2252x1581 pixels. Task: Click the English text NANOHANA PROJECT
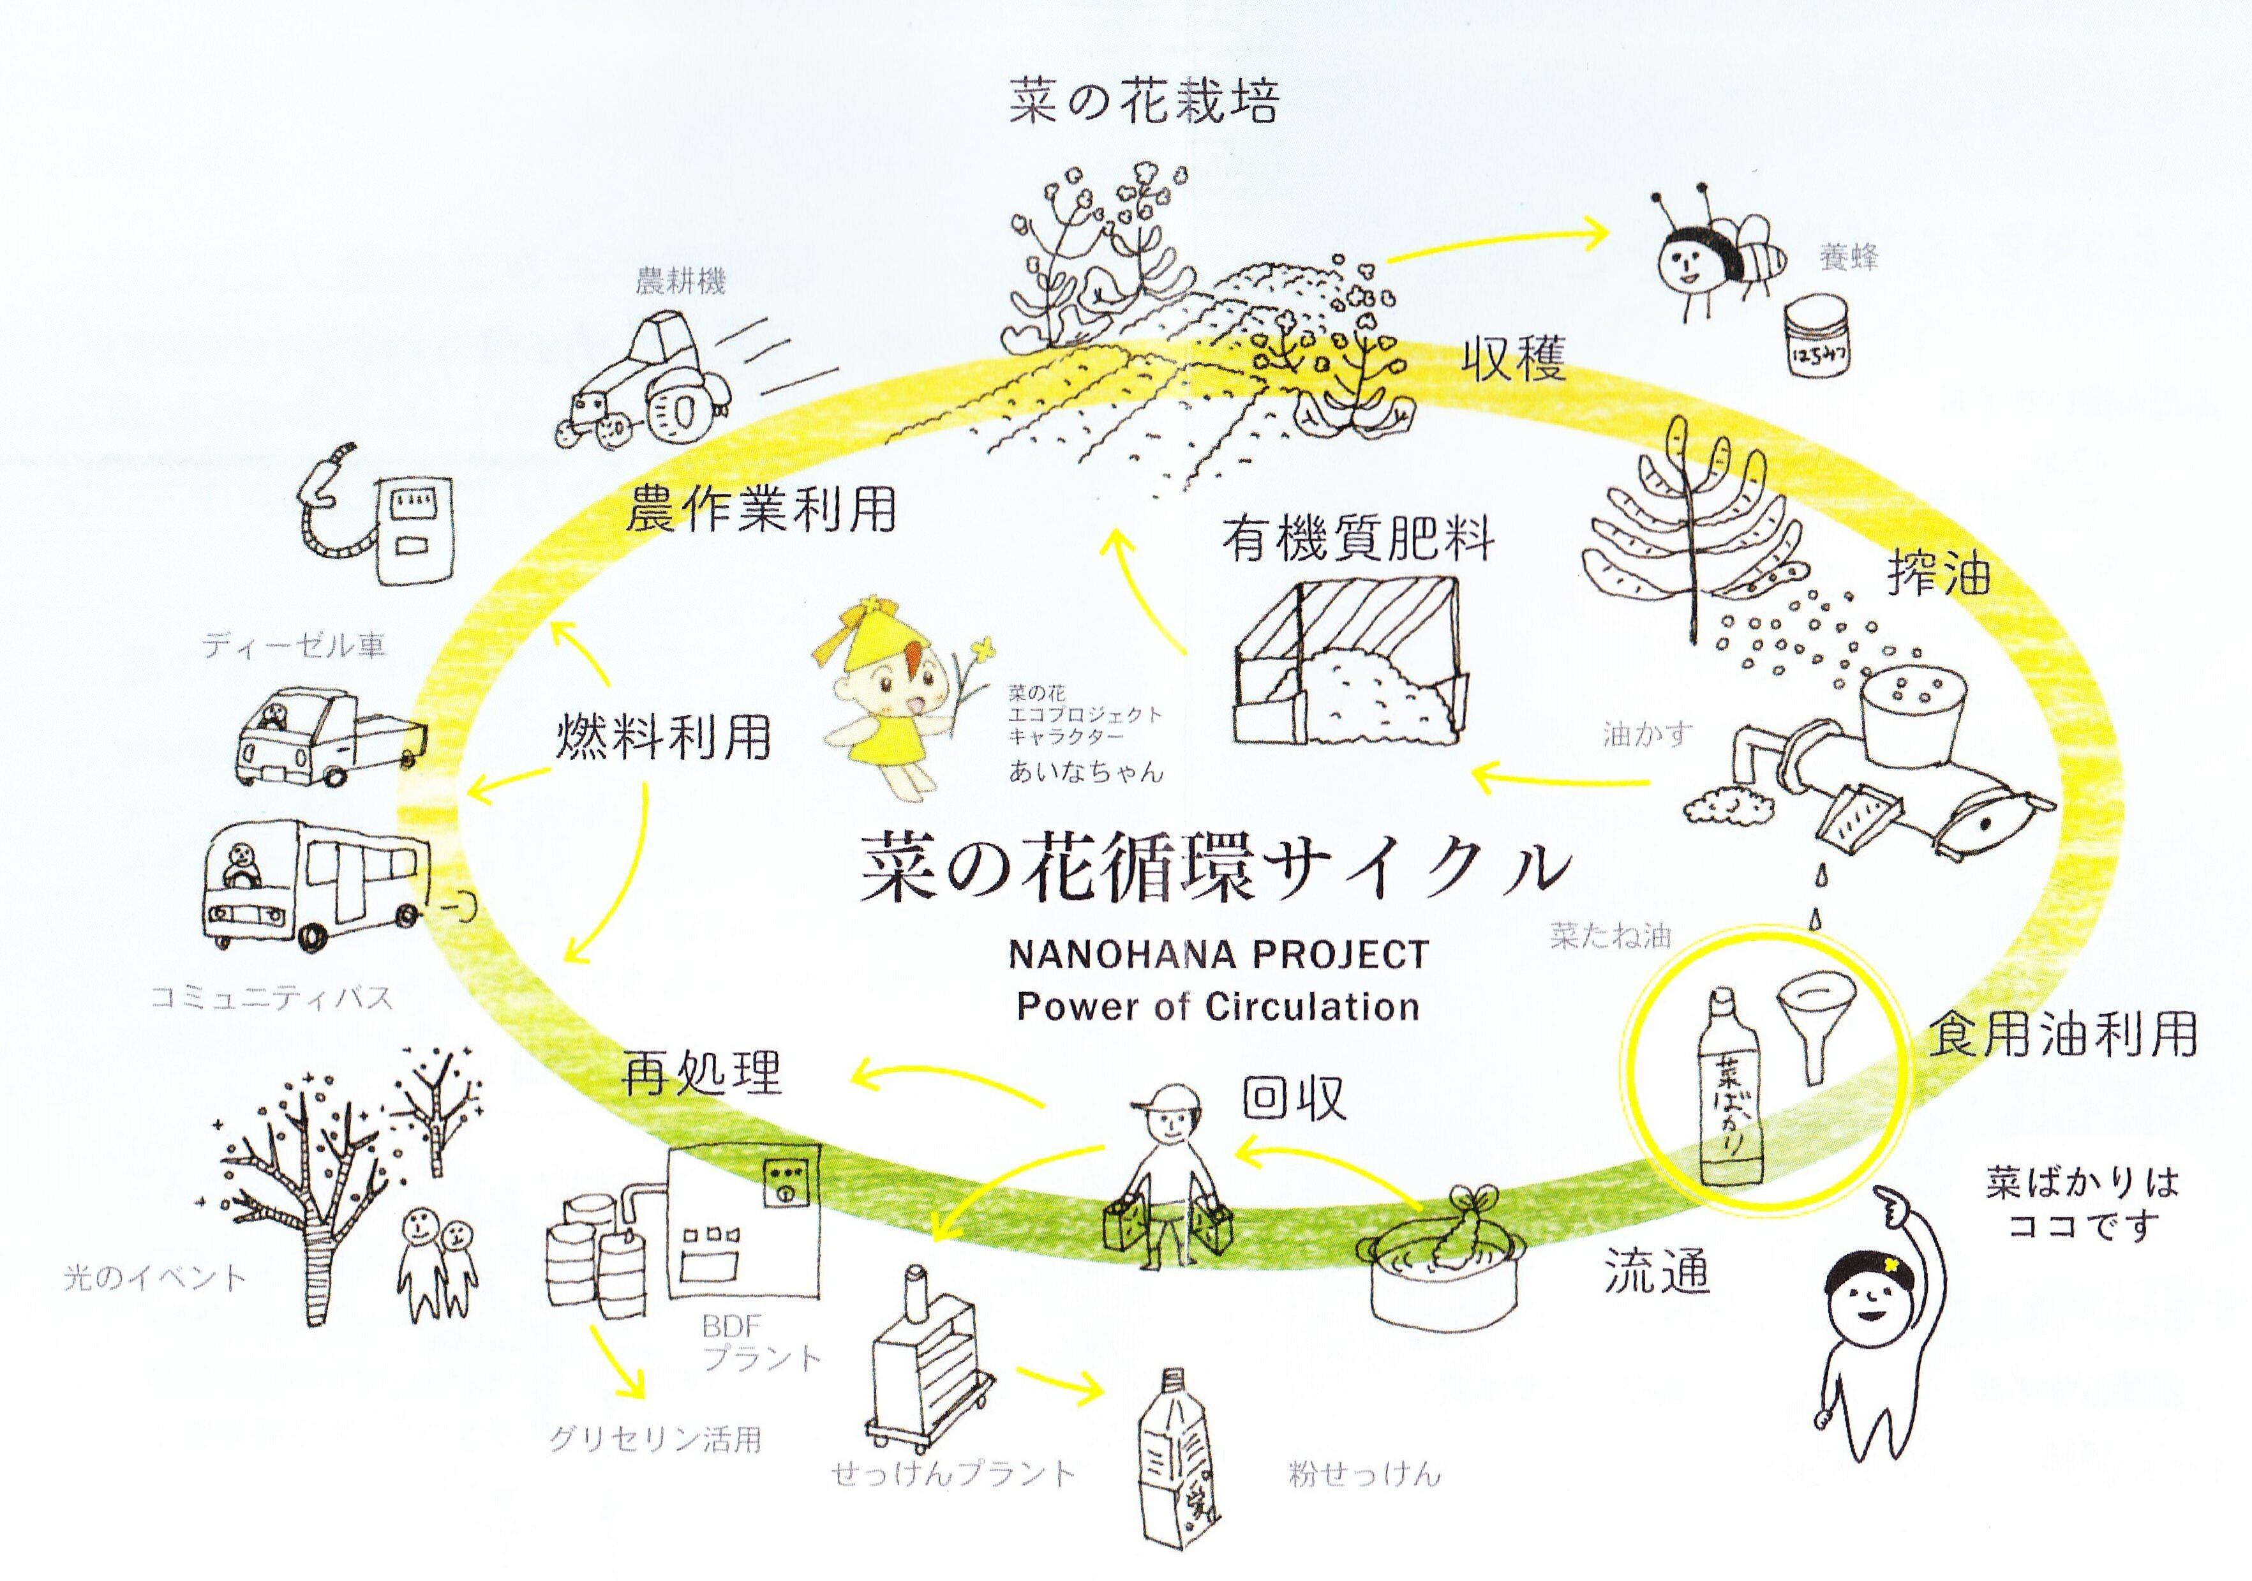click(x=1218, y=954)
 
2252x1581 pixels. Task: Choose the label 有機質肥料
click(x=1359, y=541)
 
